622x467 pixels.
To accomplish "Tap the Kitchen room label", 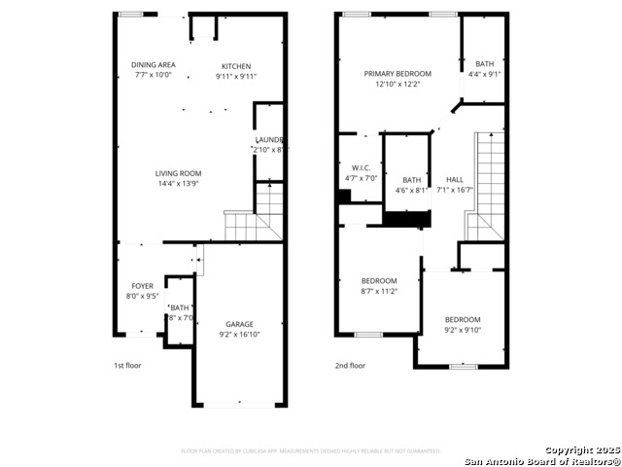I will click(x=235, y=65).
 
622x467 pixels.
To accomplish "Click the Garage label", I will click(x=240, y=324).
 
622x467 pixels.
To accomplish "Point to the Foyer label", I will click(x=142, y=286).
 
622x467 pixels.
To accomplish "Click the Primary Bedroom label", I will click(x=397, y=74).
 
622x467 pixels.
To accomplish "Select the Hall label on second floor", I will click(x=455, y=180).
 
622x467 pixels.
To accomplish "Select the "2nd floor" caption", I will click(x=350, y=366).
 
